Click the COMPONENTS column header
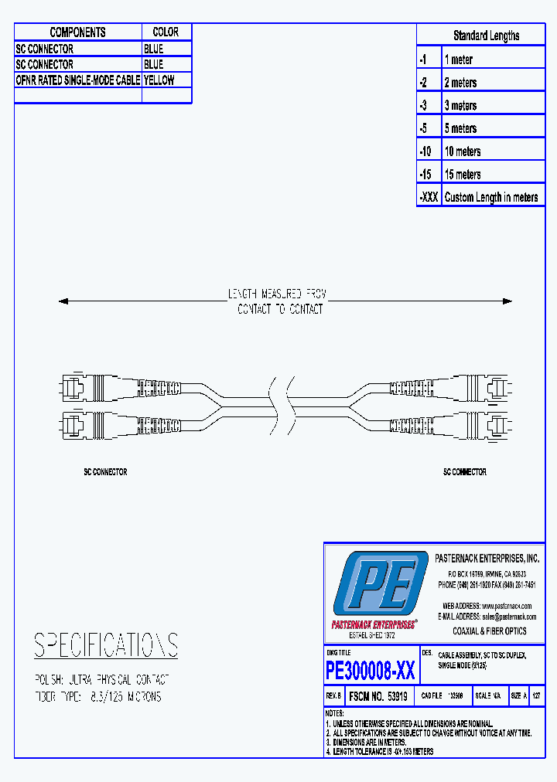(77, 32)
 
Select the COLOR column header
(166, 32)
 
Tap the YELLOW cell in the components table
(159, 80)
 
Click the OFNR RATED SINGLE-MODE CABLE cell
(78, 80)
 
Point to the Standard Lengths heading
(486, 36)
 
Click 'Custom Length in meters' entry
(491, 197)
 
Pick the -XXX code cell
(429, 197)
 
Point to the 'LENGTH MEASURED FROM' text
(277, 294)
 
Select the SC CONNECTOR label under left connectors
(105, 471)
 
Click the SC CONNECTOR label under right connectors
(464, 471)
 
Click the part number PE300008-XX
(371, 670)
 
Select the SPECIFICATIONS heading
(106, 645)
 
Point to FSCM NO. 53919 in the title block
(379, 695)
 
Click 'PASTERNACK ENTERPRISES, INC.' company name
(487, 558)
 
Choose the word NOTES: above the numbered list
(334, 712)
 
